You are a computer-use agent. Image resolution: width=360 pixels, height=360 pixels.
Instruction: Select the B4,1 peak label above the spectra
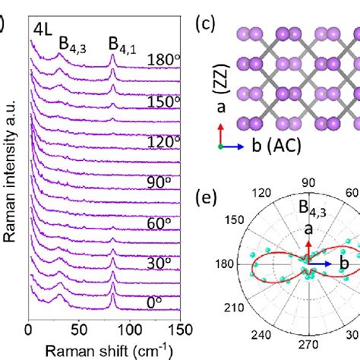pos(122,44)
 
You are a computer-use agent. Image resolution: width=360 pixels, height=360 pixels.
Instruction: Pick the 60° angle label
pos(159,226)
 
